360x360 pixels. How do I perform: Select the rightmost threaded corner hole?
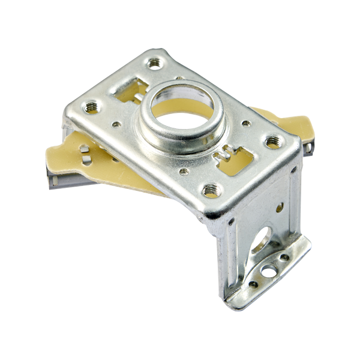point(272,142)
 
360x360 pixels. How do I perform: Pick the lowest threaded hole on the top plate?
point(211,191)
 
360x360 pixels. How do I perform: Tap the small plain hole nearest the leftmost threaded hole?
point(116,125)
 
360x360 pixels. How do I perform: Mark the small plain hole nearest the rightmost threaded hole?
point(245,123)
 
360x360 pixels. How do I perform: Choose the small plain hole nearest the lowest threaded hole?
point(184,172)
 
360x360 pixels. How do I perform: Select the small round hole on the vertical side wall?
point(280,208)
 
